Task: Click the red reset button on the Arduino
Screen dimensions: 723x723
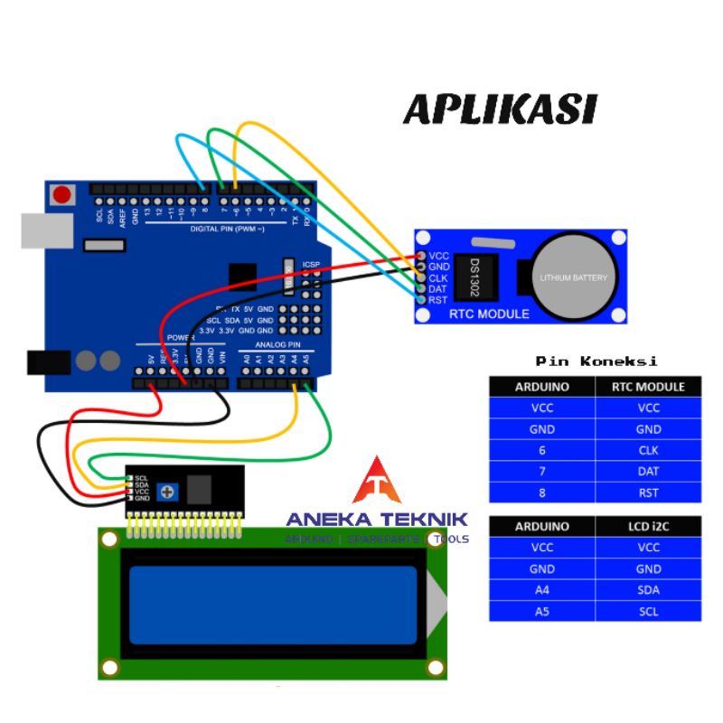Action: tap(62, 194)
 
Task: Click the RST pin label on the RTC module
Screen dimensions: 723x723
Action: tap(438, 300)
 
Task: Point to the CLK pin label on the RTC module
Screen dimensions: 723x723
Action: tap(438, 277)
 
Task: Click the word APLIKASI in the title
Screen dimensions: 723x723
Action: tap(500, 109)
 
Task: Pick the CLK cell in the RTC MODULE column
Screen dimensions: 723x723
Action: tap(648, 450)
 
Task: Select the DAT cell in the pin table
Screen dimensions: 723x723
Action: tap(648, 471)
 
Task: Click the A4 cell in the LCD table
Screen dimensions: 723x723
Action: tap(542, 590)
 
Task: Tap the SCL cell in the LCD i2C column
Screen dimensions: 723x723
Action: tap(648, 612)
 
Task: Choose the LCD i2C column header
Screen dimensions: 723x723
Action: tap(648, 526)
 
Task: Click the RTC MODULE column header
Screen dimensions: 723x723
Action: tap(648, 387)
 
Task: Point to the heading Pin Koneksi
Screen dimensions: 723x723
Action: tap(596, 361)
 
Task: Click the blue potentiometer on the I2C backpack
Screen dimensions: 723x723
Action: tap(167, 492)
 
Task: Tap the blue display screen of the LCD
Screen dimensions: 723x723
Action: tap(273, 603)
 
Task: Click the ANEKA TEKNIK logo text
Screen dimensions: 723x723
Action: tap(377, 519)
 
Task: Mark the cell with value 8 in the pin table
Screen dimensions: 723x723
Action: tap(542, 493)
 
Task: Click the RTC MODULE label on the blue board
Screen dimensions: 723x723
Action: tap(489, 314)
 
